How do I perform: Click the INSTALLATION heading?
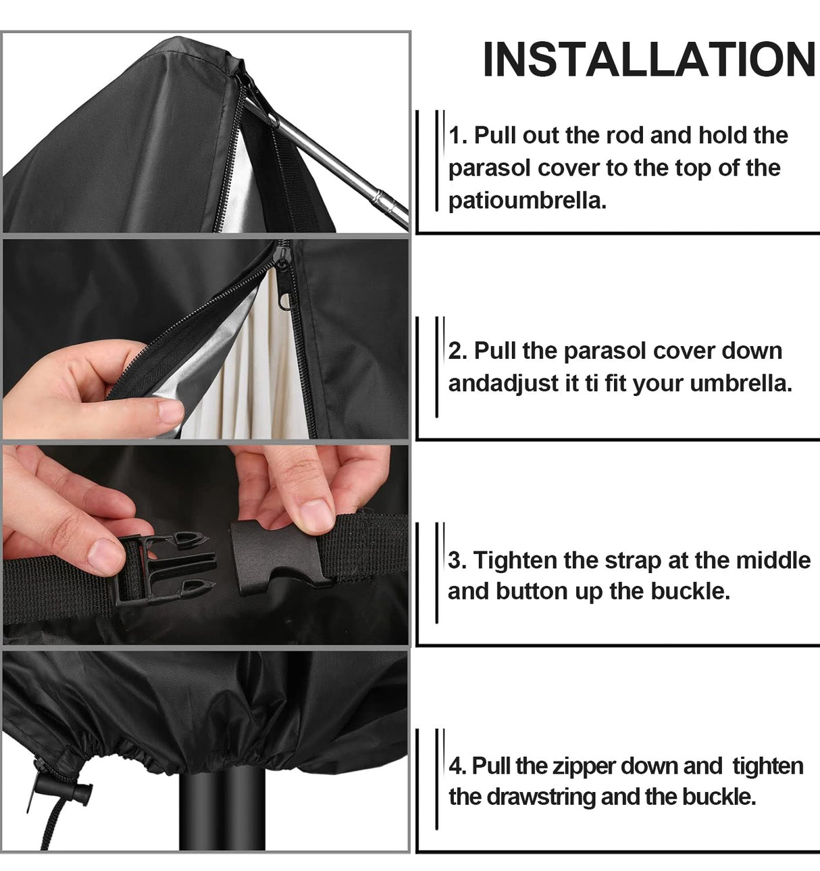(x=649, y=59)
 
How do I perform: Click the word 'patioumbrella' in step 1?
(x=527, y=201)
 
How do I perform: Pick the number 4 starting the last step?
(x=457, y=766)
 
